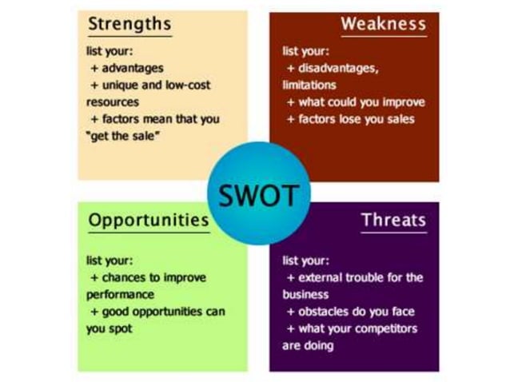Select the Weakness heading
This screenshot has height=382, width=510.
click(383, 24)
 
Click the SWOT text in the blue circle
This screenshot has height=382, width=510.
click(253, 195)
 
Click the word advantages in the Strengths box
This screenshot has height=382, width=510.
click(132, 68)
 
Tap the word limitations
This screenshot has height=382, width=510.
click(309, 85)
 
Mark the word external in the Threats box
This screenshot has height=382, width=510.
click(321, 277)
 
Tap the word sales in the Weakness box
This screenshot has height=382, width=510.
click(399, 120)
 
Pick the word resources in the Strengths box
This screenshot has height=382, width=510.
click(113, 102)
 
